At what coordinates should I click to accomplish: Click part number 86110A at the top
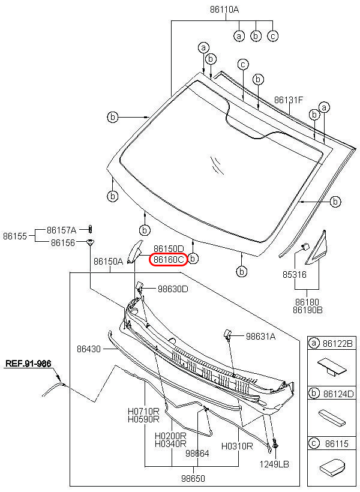coord(224,10)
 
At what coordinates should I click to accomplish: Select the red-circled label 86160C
coord(168,260)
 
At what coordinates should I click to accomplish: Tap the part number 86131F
coord(289,100)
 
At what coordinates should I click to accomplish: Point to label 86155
coord(14,236)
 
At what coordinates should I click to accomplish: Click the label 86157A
coord(62,230)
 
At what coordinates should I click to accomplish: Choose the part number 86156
coord(63,242)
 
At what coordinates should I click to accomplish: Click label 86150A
coord(108,262)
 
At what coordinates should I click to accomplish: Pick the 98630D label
coord(173,289)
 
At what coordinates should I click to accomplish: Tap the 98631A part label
coord(260,337)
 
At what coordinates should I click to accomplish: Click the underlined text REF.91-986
coord(28,364)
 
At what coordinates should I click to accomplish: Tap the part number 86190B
coord(308,310)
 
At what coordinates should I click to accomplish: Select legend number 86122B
coord(339,343)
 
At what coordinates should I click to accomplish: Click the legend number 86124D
coord(339,394)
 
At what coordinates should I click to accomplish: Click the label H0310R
coord(237,446)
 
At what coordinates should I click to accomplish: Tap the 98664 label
coord(197,454)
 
